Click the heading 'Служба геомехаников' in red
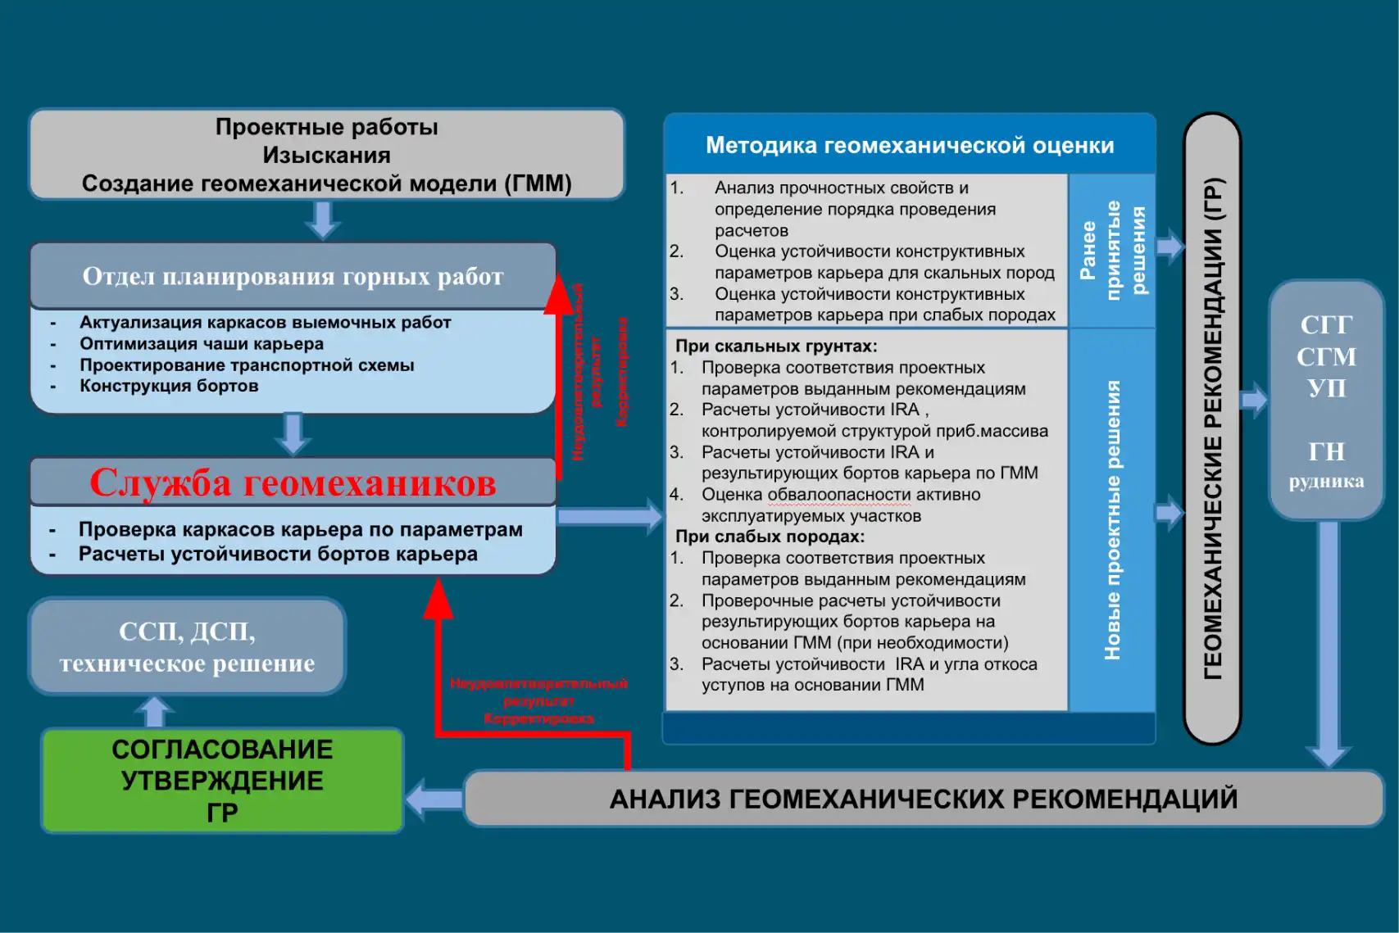(293, 482)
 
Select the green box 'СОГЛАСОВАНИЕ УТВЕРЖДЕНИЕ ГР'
(222, 781)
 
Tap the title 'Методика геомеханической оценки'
(910, 145)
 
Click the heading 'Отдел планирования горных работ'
(293, 277)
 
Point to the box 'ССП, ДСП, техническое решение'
(187, 647)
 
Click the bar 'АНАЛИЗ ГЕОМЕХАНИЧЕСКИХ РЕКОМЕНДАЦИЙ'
(924, 799)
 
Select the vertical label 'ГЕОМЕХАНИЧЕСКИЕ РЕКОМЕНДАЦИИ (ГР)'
(1212, 428)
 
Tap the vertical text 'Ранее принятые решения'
(1112, 249)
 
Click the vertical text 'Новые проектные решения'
(1112, 520)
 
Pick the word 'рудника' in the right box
(1326, 482)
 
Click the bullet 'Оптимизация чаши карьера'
(202, 344)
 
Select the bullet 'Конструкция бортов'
(169, 386)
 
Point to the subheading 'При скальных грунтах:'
(776, 346)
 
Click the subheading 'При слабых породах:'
(770, 537)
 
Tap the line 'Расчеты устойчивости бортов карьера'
(278, 555)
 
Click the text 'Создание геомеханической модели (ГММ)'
(326, 183)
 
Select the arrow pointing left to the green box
(434, 799)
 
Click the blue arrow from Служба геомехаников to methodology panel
(610, 517)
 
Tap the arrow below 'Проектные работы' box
(323, 220)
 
